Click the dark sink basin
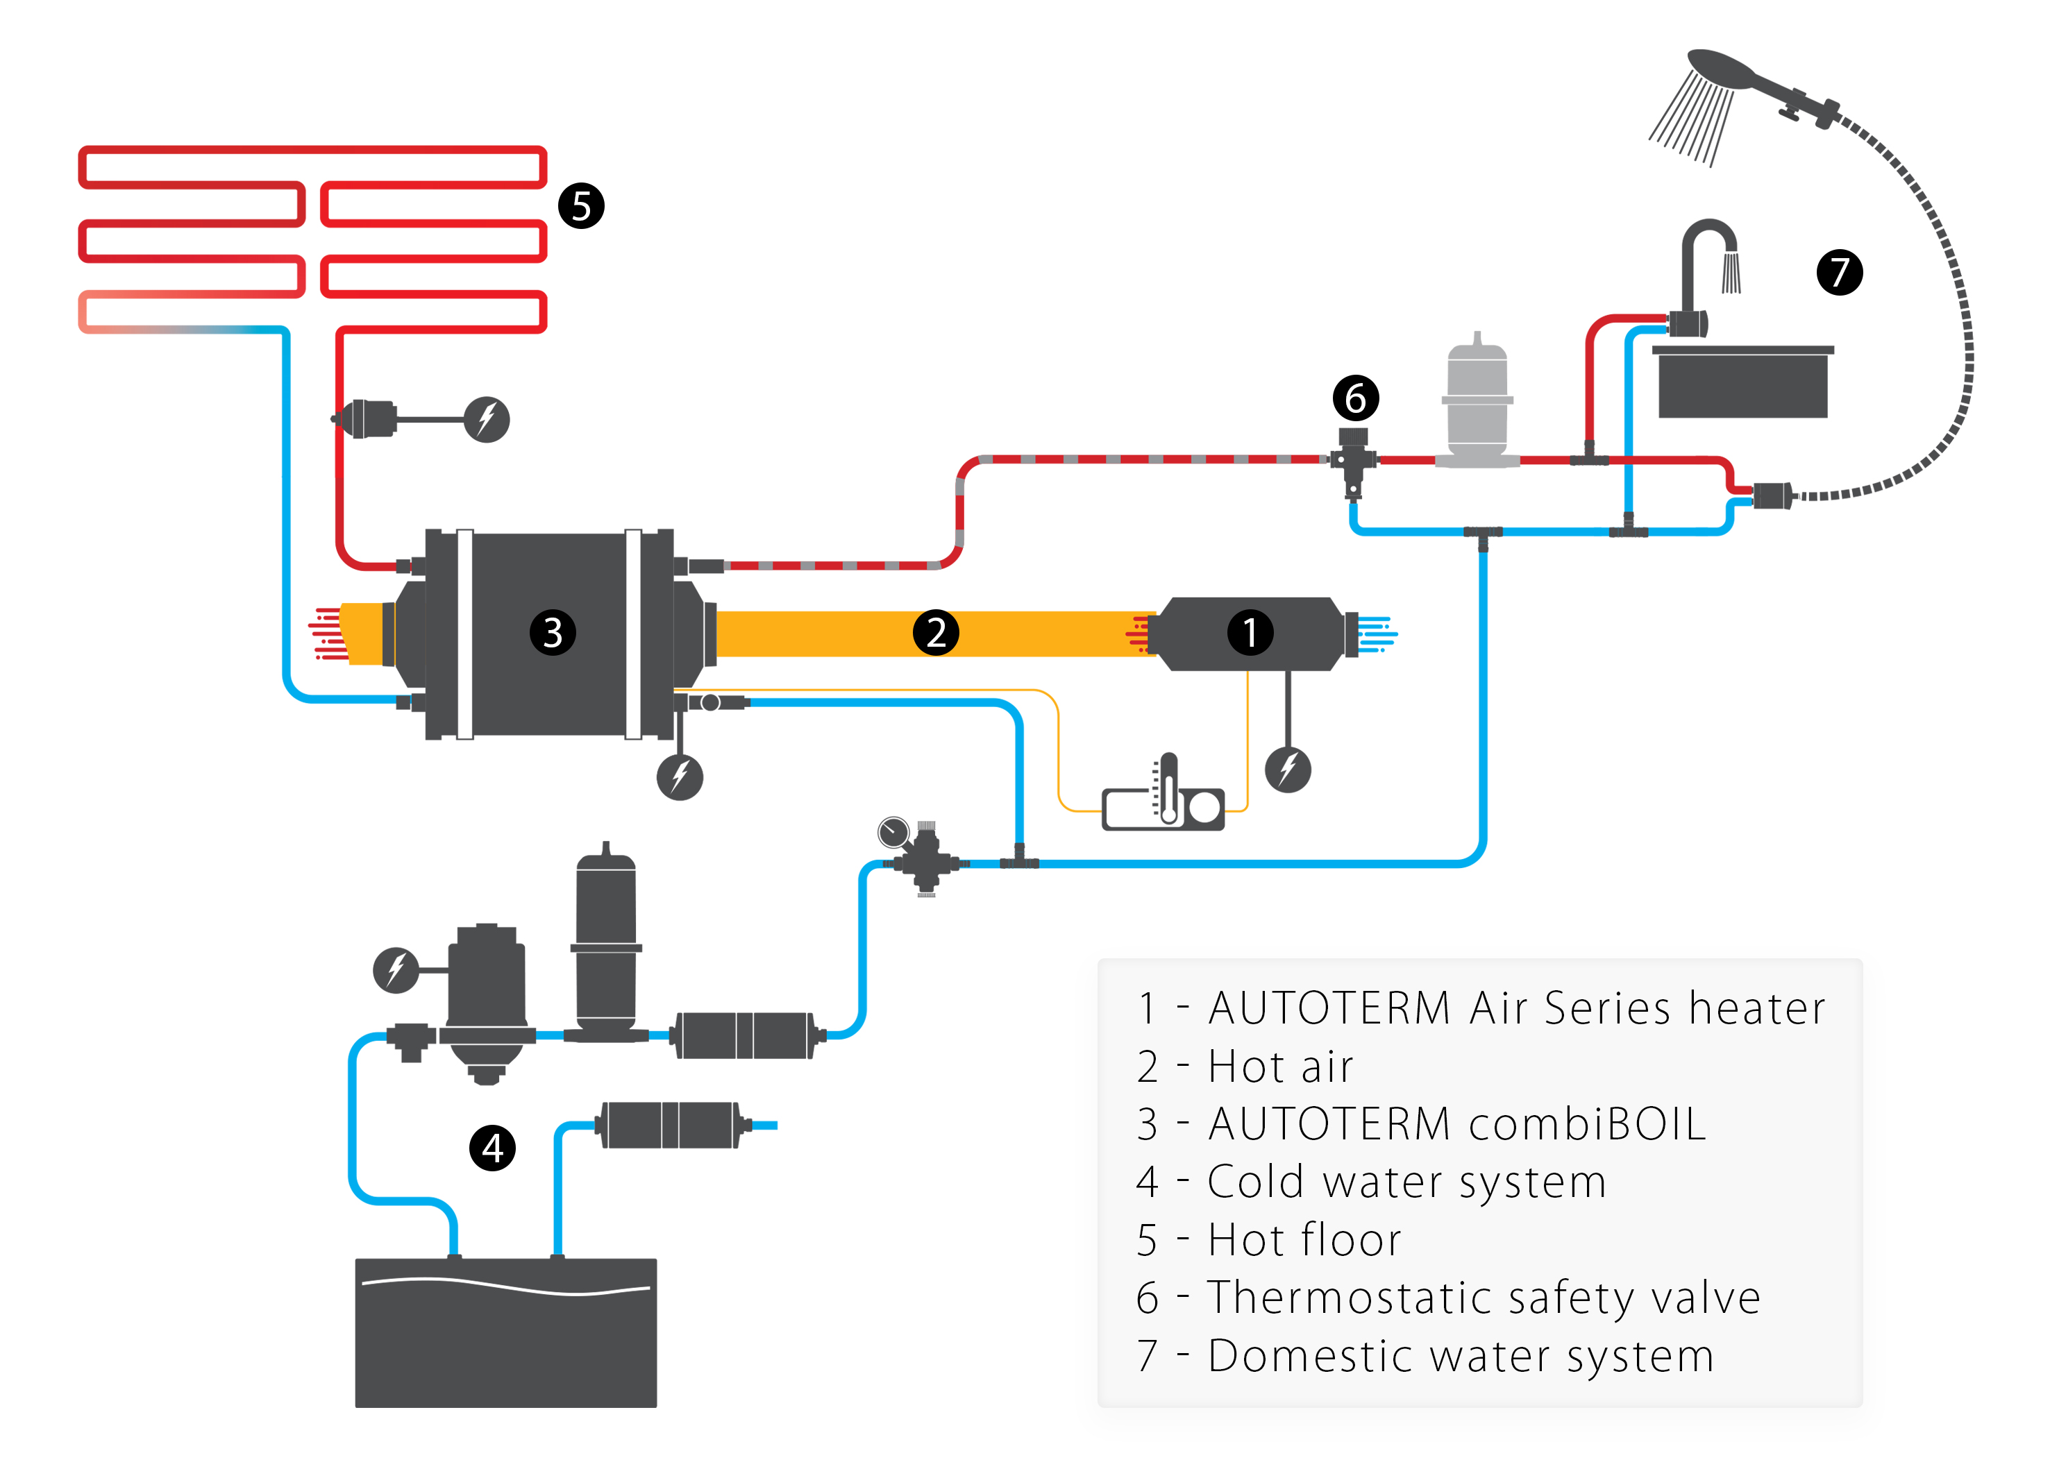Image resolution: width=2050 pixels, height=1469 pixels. pos(1742,383)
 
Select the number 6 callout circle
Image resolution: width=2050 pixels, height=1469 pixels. pos(1355,398)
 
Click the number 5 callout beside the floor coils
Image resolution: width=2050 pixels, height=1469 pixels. pos(581,206)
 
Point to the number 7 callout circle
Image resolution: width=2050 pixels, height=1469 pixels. pos(1840,272)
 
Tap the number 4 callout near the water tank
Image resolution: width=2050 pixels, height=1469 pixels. pos(493,1148)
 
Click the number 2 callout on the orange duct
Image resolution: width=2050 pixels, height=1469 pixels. pos(936,632)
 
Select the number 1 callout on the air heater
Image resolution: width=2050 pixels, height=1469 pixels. pos(1250,632)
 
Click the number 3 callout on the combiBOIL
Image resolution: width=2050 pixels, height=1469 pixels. pos(553,632)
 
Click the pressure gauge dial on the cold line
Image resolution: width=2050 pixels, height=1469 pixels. pos(893,832)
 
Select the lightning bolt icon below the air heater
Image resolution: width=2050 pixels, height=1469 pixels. pos(1288,770)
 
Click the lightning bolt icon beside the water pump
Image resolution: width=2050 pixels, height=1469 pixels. pos(396,970)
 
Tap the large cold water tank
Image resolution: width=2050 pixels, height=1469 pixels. pos(506,1332)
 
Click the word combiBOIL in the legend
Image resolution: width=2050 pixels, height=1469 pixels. pos(1588,1125)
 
